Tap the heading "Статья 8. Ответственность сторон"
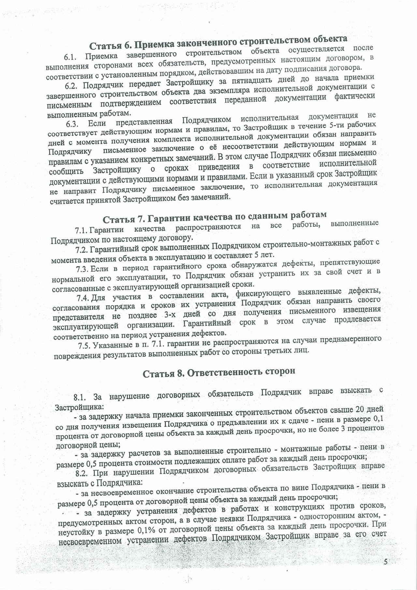click(x=219, y=373)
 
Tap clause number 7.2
click(x=81, y=250)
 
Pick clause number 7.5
click(x=84, y=345)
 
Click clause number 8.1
click(x=79, y=397)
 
